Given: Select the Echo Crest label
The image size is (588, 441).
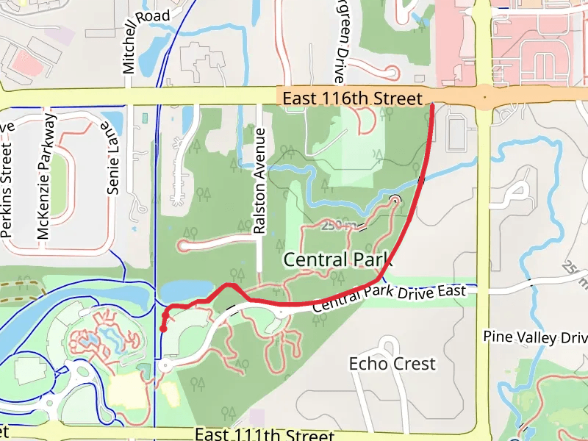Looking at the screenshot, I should (x=392, y=363).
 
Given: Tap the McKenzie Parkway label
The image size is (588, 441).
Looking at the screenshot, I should (x=44, y=176).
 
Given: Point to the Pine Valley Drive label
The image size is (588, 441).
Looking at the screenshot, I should (x=535, y=337).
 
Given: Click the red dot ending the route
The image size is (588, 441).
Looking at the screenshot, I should (x=162, y=329).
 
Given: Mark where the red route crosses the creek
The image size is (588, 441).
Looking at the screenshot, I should (x=421, y=179).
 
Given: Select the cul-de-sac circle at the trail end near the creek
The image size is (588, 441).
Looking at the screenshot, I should (x=395, y=199).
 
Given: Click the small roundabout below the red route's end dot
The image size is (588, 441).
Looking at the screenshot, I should (x=163, y=365).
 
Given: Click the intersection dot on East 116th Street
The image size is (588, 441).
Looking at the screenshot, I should (x=485, y=96).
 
